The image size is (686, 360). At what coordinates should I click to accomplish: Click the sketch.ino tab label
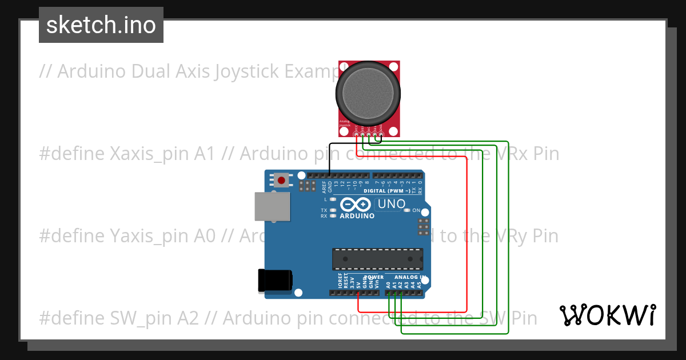tap(101, 25)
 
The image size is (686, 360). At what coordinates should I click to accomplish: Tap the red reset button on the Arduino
tap(281, 181)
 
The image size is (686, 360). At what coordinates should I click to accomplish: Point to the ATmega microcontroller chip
tap(378, 258)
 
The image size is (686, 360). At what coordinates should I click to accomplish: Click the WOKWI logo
tap(607, 315)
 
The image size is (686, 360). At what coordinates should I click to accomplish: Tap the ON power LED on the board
tap(407, 210)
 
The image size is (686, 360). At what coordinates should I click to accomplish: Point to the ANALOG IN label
tap(409, 277)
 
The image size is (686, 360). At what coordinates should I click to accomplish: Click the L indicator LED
tap(332, 199)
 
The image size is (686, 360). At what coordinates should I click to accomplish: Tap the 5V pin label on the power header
tap(358, 284)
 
